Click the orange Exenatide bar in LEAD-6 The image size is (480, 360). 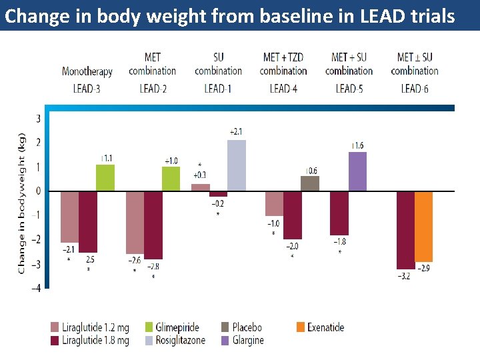(x=423, y=227)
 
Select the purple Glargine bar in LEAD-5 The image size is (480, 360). (x=357, y=171)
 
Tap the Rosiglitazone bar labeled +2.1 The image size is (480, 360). (x=237, y=165)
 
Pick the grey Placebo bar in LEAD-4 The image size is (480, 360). (x=310, y=183)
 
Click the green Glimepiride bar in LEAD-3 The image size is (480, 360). (x=105, y=178)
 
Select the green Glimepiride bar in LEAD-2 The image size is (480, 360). (x=171, y=179)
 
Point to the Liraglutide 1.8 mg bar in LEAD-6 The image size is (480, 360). (x=405, y=230)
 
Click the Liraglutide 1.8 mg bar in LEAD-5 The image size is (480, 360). (x=339, y=213)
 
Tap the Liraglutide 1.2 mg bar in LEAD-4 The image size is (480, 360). (x=274, y=203)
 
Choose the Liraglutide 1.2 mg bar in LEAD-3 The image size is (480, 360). (x=69, y=217)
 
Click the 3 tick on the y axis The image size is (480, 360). (x=37, y=119)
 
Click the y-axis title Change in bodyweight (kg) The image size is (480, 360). (x=21, y=201)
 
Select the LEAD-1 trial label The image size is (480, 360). (x=218, y=88)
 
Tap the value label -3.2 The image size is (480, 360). (x=403, y=275)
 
